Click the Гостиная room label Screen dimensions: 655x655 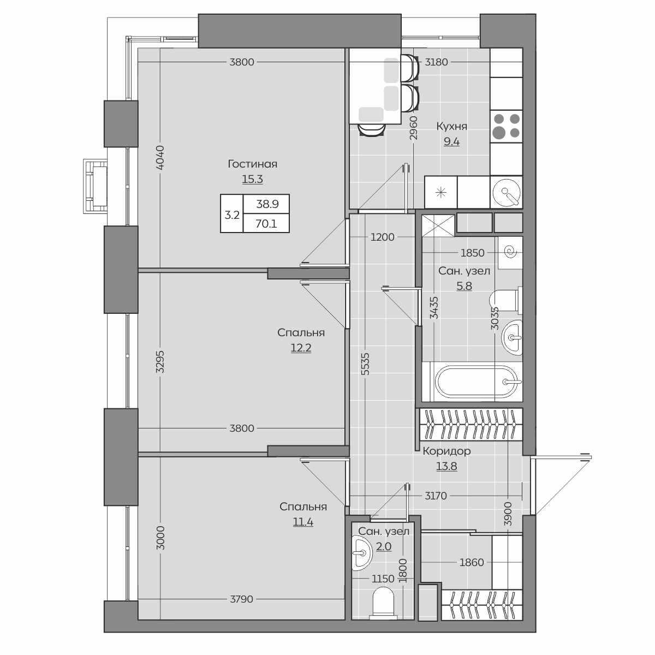[252, 164]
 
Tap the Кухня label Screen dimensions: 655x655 [452, 127]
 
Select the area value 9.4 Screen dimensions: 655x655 [451, 141]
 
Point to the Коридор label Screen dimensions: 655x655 [446, 451]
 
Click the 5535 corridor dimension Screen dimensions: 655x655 [365, 364]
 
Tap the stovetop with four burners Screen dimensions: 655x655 [506, 126]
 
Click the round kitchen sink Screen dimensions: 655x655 [507, 192]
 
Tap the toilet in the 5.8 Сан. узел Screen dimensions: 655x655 [505, 300]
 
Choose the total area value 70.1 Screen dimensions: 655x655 [266, 224]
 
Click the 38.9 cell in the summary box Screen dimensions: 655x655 [267, 204]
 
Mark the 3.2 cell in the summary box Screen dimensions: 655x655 [232, 215]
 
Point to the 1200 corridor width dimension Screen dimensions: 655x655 [383, 237]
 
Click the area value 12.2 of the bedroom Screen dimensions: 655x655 [301, 348]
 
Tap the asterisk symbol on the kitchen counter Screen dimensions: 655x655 [441, 193]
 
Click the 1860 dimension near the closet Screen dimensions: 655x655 [472, 562]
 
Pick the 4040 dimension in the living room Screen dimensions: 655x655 [160, 157]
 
